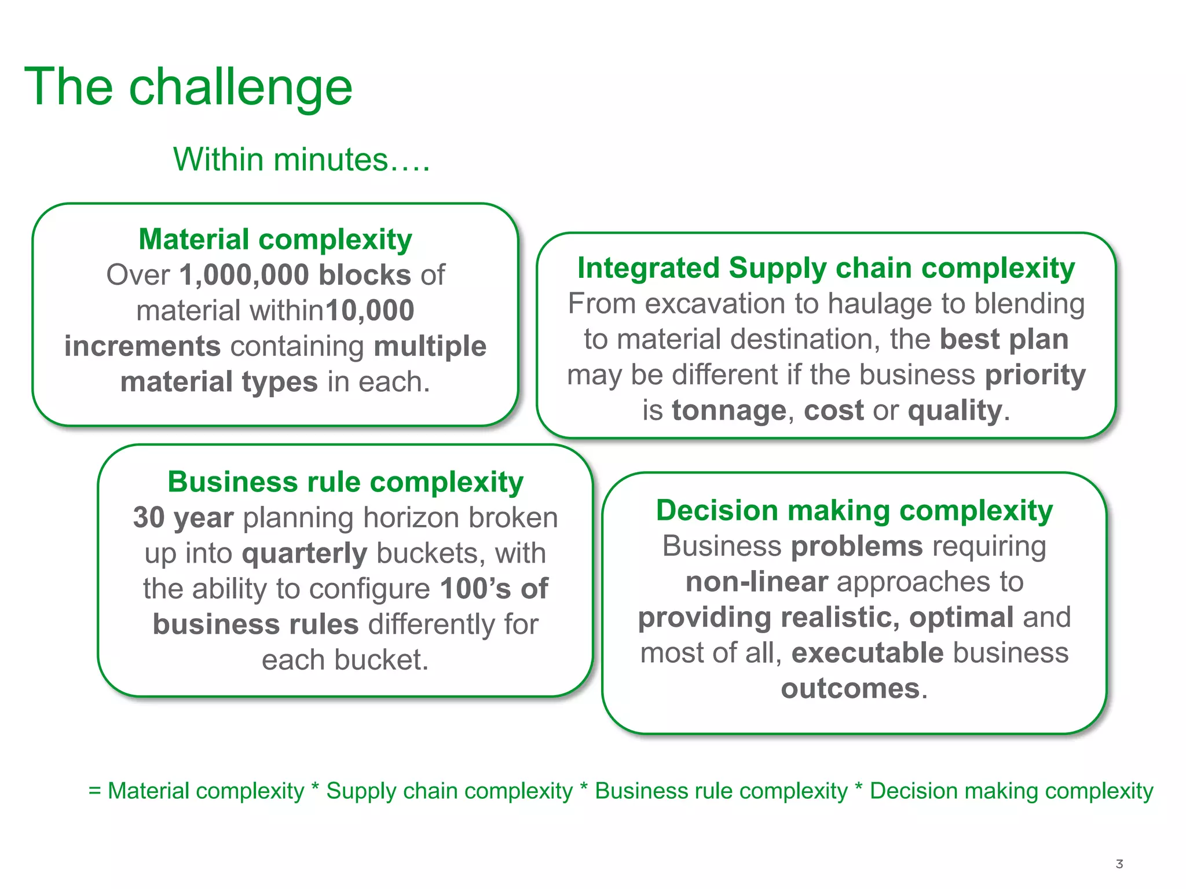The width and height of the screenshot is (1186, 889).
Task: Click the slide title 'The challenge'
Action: tap(188, 87)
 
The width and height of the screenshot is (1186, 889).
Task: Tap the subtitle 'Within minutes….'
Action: tap(301, 160)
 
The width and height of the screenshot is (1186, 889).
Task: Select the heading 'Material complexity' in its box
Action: tap(275, 239)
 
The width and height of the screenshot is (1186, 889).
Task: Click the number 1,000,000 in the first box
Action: tap(244, 275)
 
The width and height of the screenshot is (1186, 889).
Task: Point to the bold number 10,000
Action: tap(370, 311)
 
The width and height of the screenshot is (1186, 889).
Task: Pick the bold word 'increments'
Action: tap(142, 346)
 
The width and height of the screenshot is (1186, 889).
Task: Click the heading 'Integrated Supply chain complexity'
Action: tap(826, 268)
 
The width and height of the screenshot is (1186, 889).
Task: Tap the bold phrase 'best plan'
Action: tap(1004, 339)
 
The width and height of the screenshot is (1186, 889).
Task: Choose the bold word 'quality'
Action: tap(955, 410)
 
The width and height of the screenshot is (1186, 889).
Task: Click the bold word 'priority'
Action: tap(1035, 375)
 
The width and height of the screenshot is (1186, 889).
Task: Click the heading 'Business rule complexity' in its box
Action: tap(345, 482)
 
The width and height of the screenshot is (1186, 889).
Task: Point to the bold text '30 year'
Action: tap(183, 517)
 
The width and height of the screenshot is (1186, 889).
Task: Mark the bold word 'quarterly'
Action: tap(305, 553)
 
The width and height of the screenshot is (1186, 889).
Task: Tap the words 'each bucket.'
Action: tap(345, 660)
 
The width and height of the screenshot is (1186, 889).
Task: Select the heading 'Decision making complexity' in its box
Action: tap(854, 510)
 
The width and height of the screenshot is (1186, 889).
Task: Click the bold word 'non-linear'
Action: tap(756, 582)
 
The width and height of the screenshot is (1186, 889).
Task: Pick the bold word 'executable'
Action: tap(867, 653)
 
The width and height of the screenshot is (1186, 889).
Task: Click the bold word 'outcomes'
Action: tap(850, 689)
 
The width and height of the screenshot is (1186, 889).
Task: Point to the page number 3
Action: tap(1119, 864)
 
